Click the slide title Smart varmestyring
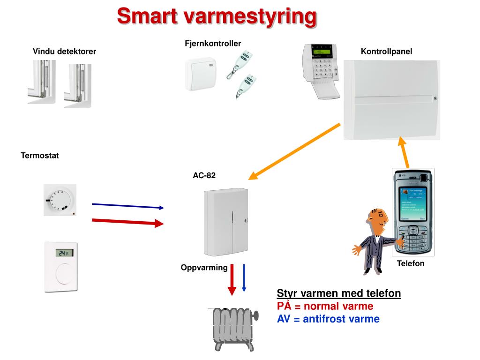(x=217, y=16)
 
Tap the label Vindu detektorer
(x=64, y=52)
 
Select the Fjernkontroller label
(x=213, y=44)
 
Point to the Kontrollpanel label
(x=386, y=52)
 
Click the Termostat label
(x=40, y=156)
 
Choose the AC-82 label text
(x=204, y=176)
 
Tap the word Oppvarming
(x=204, y=268)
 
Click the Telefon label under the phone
(x=411, y=263)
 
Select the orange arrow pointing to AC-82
(x=294, y=151)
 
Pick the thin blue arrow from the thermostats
(x=128, y=206)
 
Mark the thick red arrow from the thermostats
(x=128, y=222)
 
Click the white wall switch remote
(x=200, y=74)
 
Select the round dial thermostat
(x=59, y=199)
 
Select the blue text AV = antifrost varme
(x=328, y=319)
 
